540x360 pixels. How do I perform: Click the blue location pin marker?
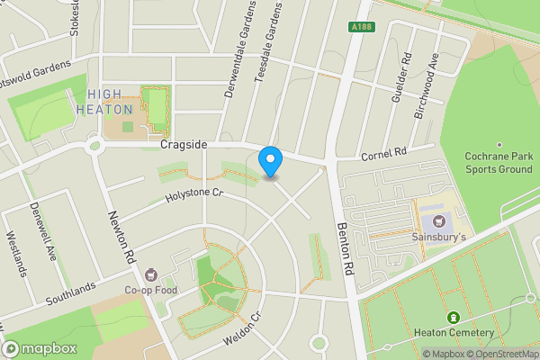[270, 162]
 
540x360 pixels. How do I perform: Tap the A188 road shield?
[361, 28]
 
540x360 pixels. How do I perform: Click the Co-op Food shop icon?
[151, 274]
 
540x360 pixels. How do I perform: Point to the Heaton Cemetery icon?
[453, 318]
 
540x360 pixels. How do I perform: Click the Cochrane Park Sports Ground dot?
[498, 144]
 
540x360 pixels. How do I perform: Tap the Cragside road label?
[184, 144]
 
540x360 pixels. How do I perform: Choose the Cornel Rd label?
[385, 155]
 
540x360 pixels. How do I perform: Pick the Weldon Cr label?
[243, 331]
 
